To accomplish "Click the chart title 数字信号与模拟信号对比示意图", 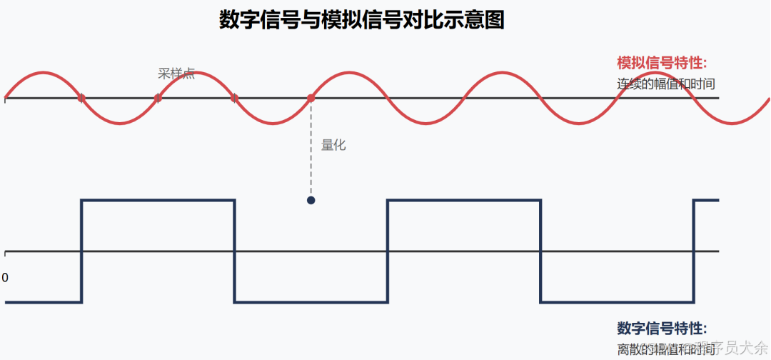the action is click(x=361, y=20).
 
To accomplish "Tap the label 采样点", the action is click(x=176, y=74).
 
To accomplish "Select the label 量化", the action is click(x=333, y=145).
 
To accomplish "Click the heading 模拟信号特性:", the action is click(x=662, y=62).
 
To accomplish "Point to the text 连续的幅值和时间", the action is click(x=666, y=84).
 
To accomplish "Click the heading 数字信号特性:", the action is click(x=662, y=329).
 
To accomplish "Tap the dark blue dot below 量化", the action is click(x=311, y=200).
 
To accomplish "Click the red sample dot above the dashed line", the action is click(x=311, y=98).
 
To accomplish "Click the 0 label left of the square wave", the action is click(x=5, y=277).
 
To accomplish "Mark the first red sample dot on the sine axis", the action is click(x=81, y=98).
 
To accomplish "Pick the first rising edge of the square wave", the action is click(x=82, y=250).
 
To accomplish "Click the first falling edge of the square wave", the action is click(x=235, y=250).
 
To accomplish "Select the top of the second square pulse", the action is click(x=464, y=201).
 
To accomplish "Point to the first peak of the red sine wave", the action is click(x=43, y=73).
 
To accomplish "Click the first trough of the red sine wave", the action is click(x=120, y=124).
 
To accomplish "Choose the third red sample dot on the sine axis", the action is click(x=234, y=98).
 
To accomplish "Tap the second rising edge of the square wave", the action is click(x=388, y=250).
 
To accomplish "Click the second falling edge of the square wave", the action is click(x=540, y=250).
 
